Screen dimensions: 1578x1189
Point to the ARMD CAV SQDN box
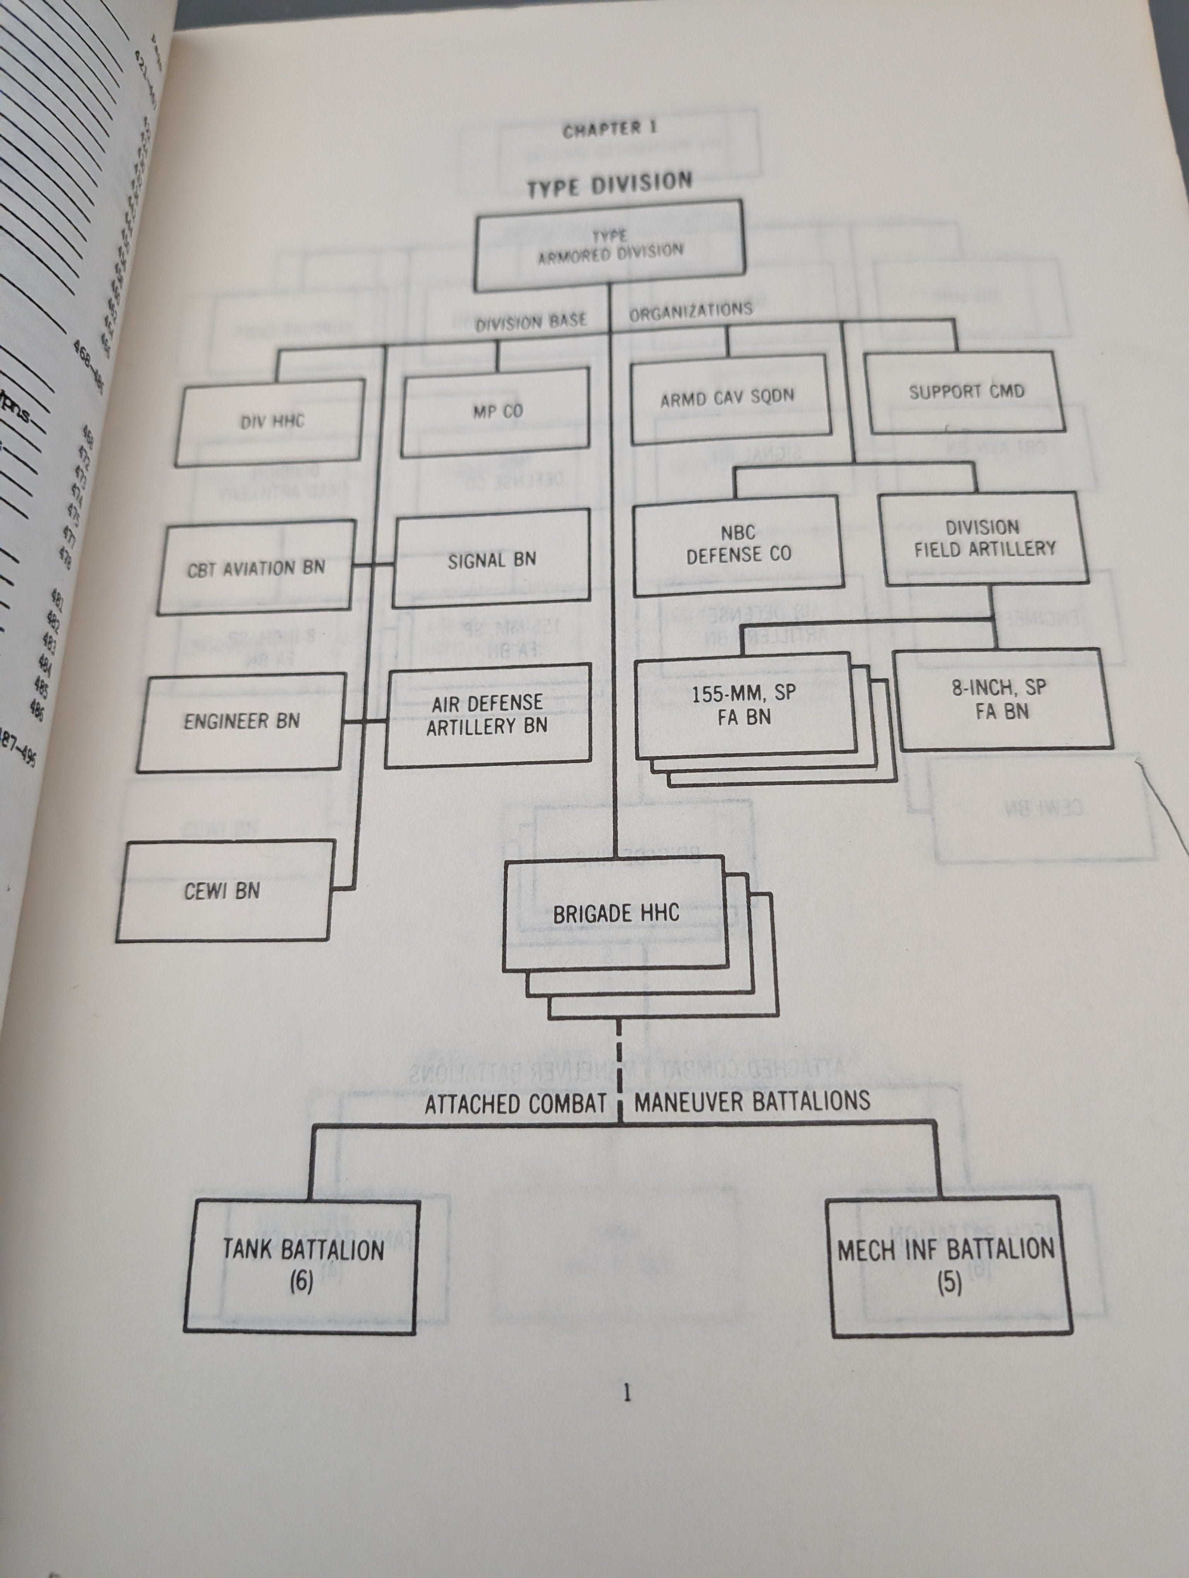tap(730, 397)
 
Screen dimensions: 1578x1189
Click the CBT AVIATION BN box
tap(255, 568)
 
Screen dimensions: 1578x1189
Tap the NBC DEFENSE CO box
tap(738, 543)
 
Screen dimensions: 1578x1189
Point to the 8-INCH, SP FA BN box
tap(1003, 699)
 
